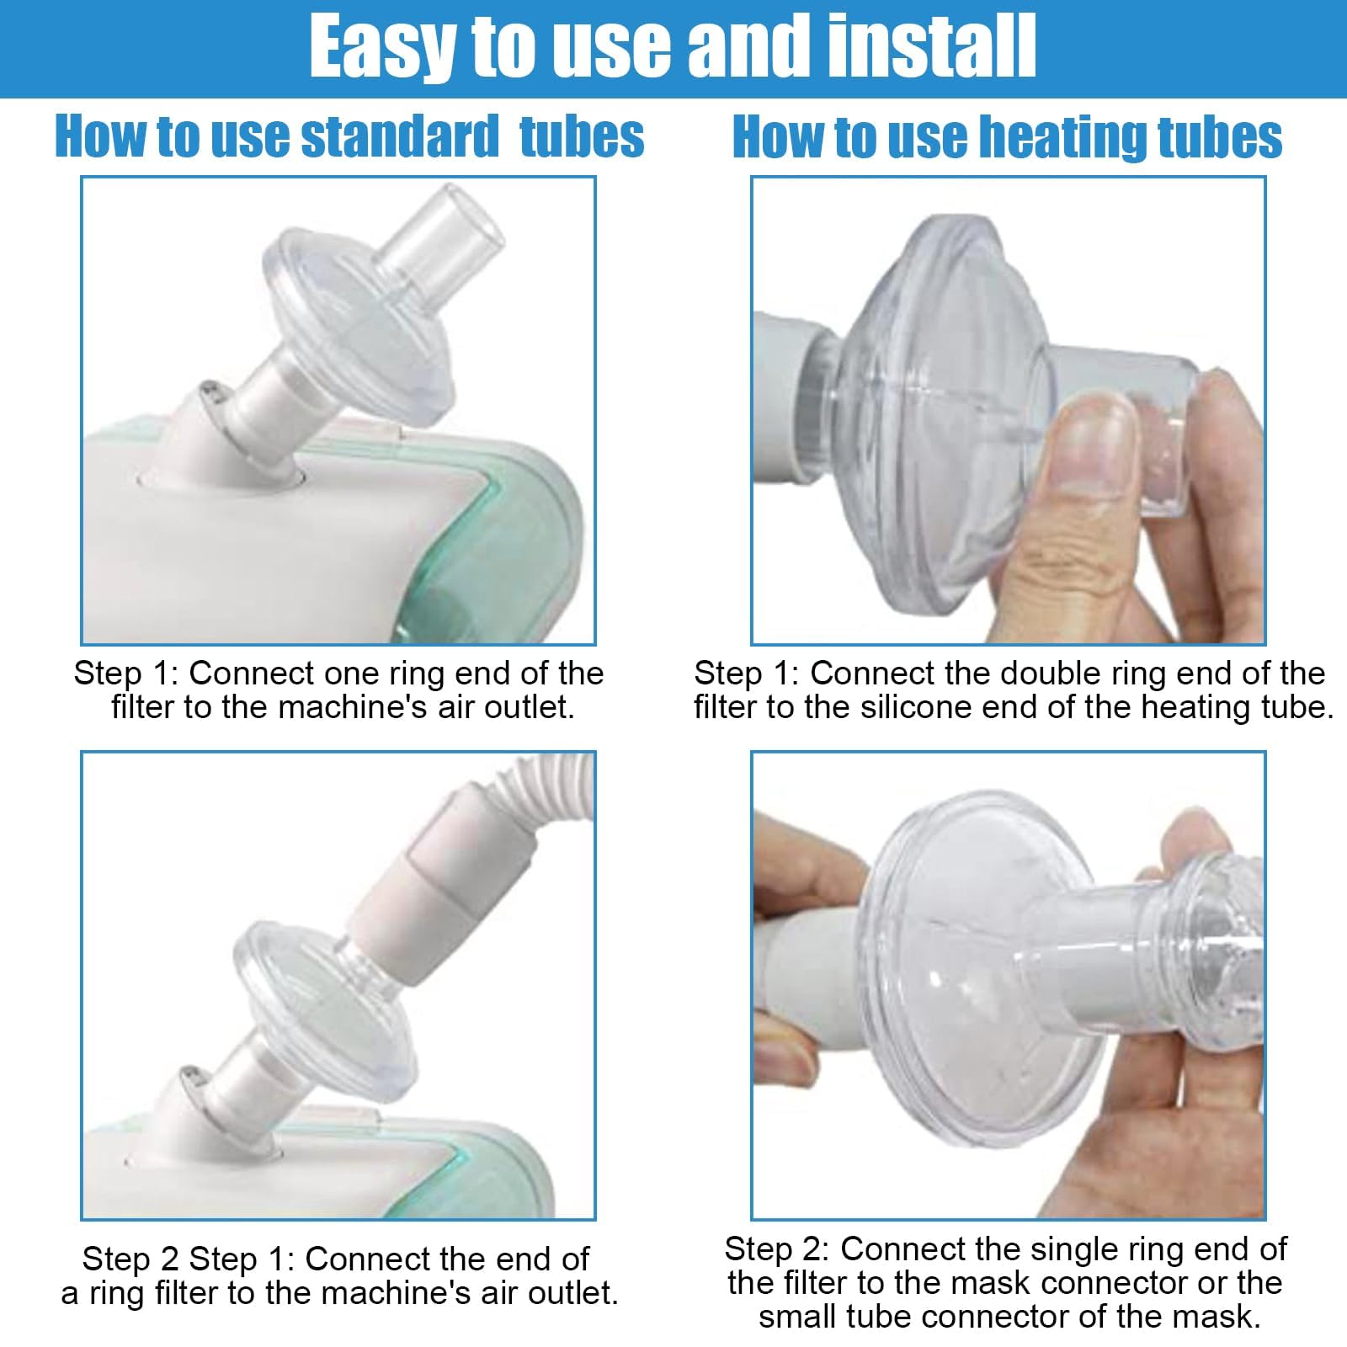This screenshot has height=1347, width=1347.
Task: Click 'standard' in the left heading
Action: pos(400,136)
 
